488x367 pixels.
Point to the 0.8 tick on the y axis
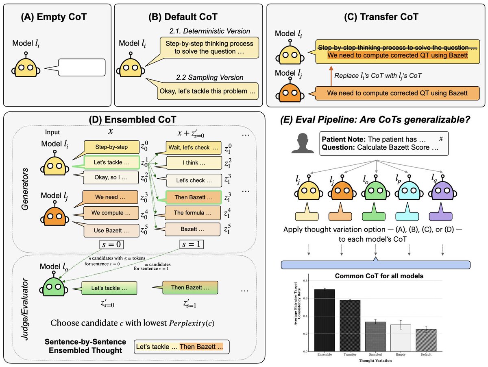305,280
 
